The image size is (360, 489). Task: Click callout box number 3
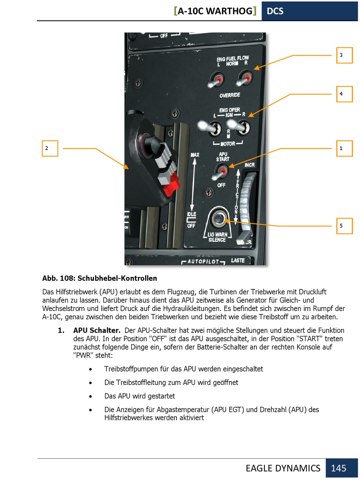coord(344,55)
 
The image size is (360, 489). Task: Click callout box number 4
coord(344,94)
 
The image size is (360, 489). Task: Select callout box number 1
coord(344,148)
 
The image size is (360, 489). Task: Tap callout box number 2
coord(50,148)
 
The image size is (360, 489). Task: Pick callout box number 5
coord(344,226)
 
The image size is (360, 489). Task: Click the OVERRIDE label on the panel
coord(230,95)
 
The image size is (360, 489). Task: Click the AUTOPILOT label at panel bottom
coord(203,261)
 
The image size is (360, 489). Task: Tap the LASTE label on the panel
coord(238,260)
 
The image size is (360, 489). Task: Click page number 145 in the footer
coord(338,468)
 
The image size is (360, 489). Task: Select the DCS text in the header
coord(275,11)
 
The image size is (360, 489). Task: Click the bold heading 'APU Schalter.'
coord(97,330)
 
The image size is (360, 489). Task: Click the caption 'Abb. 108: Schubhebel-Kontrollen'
coord(100,278)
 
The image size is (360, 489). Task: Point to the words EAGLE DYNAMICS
coord(283,468)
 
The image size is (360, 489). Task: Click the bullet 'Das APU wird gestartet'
coord(139,396)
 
